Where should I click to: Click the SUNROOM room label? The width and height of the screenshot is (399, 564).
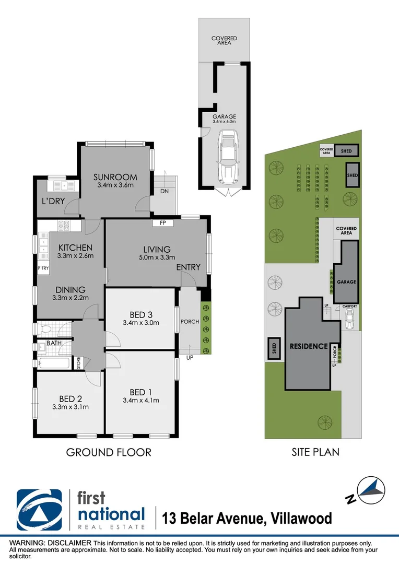(x=116, y=177)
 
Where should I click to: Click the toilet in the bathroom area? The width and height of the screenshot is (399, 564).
(x=46, y=329)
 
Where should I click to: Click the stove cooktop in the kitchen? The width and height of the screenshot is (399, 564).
(x=63, y=227)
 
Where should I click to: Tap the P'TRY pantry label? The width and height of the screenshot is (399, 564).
(x=43, y=268)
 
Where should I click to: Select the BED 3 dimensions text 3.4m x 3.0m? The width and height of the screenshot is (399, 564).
(x=140, y=323)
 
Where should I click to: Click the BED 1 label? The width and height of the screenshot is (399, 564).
(x=140, y=392)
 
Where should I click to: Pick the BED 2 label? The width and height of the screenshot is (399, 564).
(x=70, y=398)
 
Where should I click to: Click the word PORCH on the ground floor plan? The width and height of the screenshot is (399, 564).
(x=190, y=322)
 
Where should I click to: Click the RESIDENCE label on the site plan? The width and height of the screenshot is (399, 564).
(x=309, y=346)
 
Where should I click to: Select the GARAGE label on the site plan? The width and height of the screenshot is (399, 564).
(x=346, y=282)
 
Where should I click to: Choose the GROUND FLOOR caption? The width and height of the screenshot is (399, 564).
(x=109, y=452)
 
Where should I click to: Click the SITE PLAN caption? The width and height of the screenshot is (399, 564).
(x=315, y=452)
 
